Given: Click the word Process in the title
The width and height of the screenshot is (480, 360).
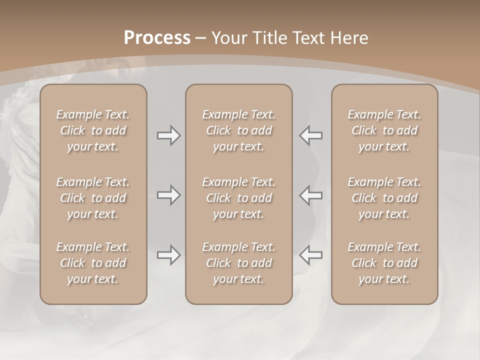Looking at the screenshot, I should point(157,38).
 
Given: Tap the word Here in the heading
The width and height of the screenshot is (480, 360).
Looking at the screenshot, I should point(349,38).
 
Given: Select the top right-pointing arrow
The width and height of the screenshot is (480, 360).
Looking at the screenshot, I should point(168,135).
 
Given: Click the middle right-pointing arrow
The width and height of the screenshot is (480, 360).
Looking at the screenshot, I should point(168,194).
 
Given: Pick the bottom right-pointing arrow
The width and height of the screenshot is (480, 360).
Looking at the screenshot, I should point(168,255).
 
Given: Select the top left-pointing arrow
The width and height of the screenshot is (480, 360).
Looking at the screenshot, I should point(311,135).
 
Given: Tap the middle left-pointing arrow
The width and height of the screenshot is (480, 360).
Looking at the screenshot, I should point(311,194).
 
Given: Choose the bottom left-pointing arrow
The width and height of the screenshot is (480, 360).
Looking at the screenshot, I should point(311,255).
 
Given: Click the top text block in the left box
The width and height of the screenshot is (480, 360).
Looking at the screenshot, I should point(93,130).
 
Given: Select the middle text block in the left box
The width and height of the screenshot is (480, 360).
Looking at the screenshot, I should point(93,198).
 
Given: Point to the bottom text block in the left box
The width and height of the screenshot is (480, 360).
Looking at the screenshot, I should point(93,263).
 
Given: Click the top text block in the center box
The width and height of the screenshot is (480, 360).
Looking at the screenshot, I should point(239,130).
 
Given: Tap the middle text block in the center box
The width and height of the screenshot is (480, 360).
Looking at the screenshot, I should point(239,198).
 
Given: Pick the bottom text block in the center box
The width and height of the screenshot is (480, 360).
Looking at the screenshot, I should point(239,263).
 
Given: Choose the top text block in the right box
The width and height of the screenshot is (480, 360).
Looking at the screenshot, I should point(384,130).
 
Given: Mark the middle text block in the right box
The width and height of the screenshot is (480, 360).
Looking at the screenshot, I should point(384,198).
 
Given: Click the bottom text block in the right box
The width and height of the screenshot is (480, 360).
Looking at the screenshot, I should point(384,263).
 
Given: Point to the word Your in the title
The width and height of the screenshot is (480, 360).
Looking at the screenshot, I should point(227,38).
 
